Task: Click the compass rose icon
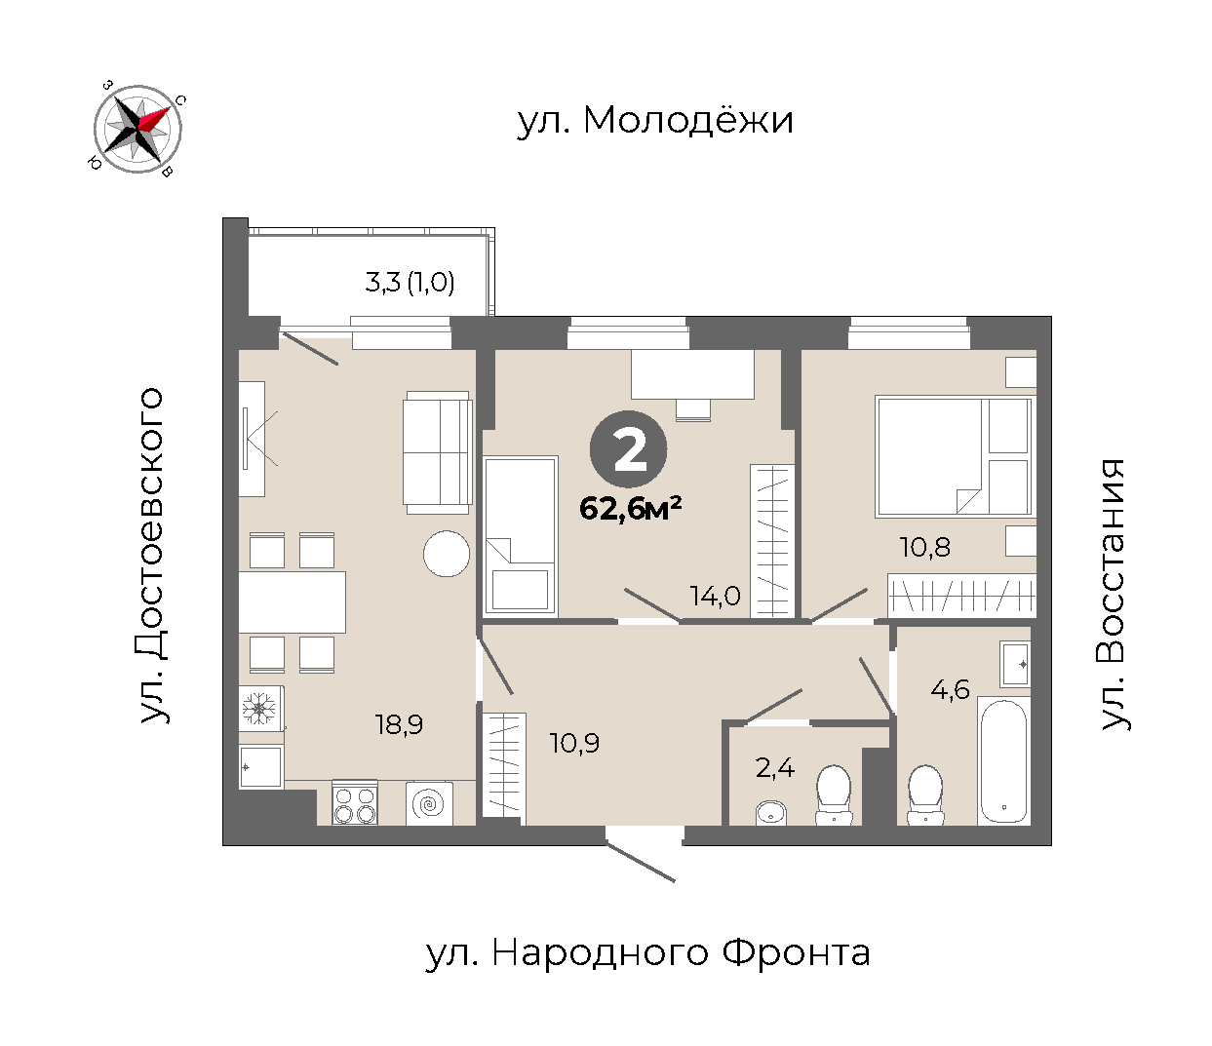click(137, 129)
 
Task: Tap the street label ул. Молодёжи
click(655, 121)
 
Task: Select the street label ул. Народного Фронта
click(647, 952)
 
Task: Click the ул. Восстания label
click(1112, 595)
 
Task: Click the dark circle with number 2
click(629, 449)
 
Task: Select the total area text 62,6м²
click(630, 508)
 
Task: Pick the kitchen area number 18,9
click(400, 725)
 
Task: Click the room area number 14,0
click(716, 597)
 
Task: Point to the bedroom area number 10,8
click(924, 548)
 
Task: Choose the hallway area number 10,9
click(574, 744)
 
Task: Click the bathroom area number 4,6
click(950, 689)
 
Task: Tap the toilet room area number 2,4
click(774, 767)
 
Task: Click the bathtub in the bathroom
click(1004, 760)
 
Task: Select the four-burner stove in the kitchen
click(354, 802)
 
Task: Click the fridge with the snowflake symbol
click(261, 709)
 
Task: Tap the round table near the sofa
click(447, 554)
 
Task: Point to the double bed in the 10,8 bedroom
click(954, 457)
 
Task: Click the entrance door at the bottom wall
click(641, 862)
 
